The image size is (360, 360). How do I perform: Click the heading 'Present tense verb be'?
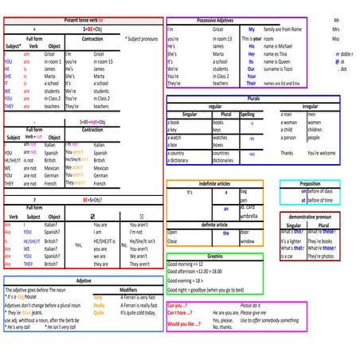[82, 19]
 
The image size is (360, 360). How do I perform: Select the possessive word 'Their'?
[252, 83]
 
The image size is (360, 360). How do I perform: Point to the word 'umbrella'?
[249, 216]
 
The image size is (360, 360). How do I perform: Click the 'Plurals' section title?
[253, 98]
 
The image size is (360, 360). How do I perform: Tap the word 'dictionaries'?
[224, 160]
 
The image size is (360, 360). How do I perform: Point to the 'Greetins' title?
[214, 256]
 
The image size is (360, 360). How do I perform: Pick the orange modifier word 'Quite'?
[99, 312]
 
